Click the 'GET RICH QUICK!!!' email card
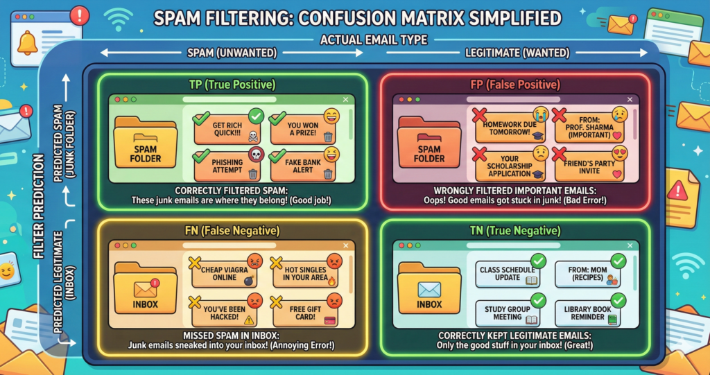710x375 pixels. (x=223, y=125)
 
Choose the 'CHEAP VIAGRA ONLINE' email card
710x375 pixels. (x=223, y=272)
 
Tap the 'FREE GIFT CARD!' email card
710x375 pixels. (x=302, y=311)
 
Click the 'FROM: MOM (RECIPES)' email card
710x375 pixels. (x=587, y=272)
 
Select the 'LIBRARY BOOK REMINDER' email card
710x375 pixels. (x=587, y=312)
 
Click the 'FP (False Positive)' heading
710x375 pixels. (x=514, y=85)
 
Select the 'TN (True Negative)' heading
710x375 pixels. (x=514, y=230)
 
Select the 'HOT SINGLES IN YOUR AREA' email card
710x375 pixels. (x=302, y=272)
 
